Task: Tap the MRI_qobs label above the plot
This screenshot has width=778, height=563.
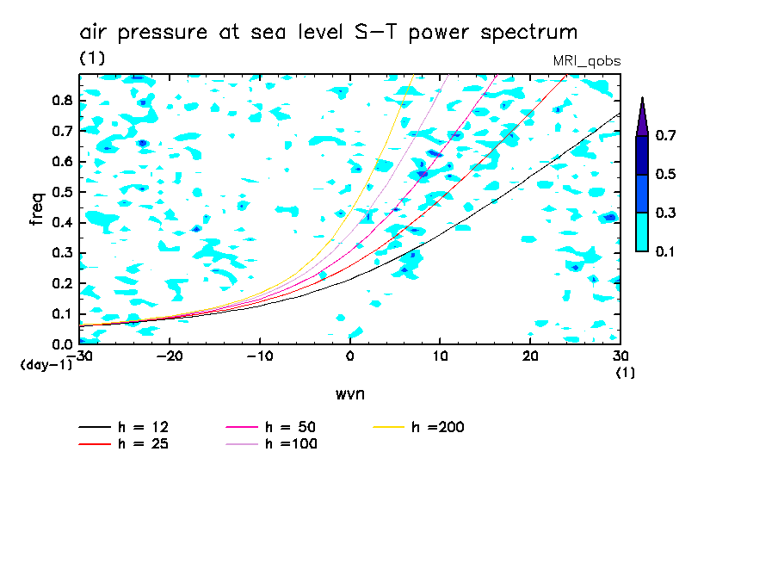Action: [586, 61]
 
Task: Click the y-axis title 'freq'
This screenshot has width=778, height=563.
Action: [37, 209]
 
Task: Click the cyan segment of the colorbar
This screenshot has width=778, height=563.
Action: [641, 232]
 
